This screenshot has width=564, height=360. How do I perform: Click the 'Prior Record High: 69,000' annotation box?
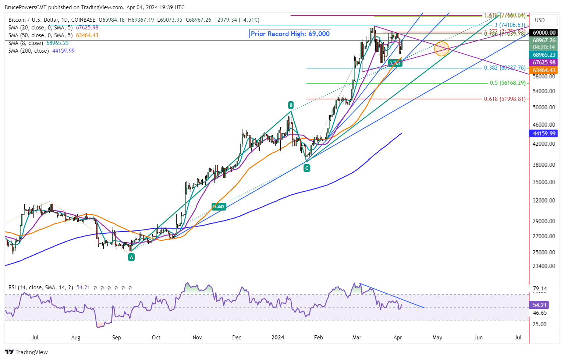point(290,34)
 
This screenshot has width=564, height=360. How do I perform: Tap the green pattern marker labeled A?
point(131,257)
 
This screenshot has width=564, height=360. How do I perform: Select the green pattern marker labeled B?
point(291,105)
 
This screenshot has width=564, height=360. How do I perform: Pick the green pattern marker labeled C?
point(306,168)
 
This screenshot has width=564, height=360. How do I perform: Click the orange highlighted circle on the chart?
point(441,49)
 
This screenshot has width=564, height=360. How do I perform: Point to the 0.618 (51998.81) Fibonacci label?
point(504,99)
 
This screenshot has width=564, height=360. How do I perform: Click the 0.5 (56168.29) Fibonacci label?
point(507,83)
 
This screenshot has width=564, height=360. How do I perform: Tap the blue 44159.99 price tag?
point(544,134)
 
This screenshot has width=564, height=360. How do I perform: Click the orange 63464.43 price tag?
point(544,70)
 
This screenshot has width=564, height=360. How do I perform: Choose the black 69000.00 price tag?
point(544,33)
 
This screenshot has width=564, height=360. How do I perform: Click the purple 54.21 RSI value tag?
point(539,305)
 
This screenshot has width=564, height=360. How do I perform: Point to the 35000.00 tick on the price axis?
point(544,182)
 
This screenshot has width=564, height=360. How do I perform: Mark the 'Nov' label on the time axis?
point(197,338)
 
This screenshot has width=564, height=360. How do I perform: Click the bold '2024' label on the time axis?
point(277,338)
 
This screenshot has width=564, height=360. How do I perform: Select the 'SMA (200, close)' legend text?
point(29,51)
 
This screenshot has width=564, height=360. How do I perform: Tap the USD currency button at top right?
point(540,20)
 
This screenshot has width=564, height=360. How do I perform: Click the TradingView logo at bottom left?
point(26,352)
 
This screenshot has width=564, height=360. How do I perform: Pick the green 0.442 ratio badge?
point(219,207)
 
